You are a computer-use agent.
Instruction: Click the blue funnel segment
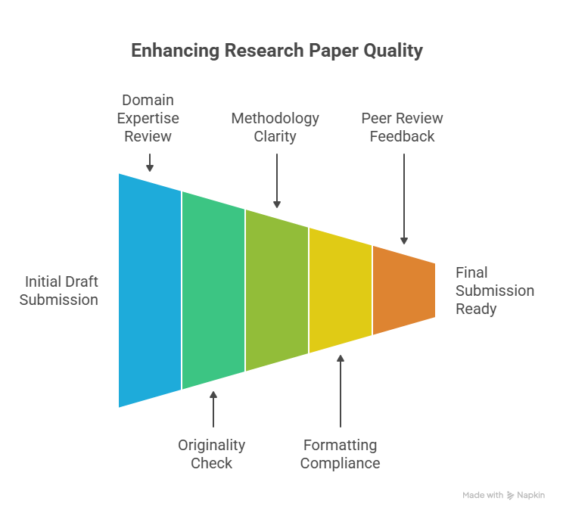coord(150,291)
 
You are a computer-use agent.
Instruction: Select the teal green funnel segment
coord(213,291)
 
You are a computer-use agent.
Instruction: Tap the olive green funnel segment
coord(277,291)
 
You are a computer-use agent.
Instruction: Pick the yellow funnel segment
coord(341,291)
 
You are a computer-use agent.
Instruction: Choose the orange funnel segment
coord(404,291)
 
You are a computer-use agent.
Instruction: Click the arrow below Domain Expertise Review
coord(150,163)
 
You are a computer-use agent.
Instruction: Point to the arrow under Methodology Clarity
coord(277,181)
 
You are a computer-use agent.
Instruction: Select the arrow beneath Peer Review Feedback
coord(404,199)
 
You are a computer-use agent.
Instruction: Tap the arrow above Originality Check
coord(213,409)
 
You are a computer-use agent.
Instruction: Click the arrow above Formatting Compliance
coord(341,391)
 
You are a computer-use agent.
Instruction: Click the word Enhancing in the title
coord(176,51)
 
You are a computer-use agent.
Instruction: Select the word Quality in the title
coord(393,51)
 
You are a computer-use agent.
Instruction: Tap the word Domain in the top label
coord(148,100)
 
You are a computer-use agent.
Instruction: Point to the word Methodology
coord(275,119)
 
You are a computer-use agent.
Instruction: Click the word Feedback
coord(402,136)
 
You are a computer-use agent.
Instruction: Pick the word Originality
coord(211,446)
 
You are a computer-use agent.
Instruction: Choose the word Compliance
coord(340,464)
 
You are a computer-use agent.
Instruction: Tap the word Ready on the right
coord(476,309)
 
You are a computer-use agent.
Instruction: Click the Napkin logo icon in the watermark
coord(510,496)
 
